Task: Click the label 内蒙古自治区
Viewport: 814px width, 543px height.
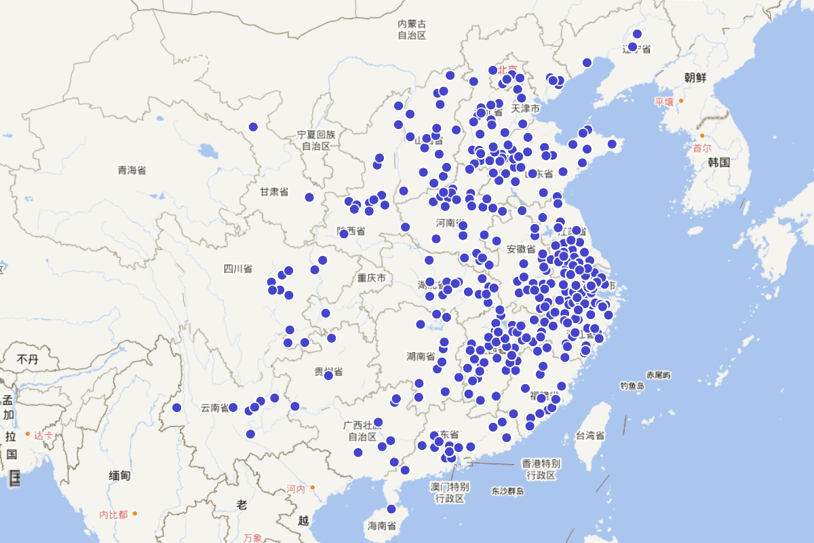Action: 412,29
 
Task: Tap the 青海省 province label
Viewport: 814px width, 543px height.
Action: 132,170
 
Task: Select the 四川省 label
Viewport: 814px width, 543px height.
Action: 237,269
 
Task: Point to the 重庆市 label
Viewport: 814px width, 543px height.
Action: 372,278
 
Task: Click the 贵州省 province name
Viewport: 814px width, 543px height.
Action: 328,371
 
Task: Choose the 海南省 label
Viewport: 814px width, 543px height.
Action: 382,525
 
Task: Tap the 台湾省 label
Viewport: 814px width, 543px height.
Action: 589,435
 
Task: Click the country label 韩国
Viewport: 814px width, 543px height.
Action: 718,162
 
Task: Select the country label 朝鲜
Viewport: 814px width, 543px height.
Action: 696,77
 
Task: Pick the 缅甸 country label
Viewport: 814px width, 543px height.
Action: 119,476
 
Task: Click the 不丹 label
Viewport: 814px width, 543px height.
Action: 28,359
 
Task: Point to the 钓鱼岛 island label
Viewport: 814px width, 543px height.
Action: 632,386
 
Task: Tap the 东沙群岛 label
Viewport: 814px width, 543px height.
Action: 508,491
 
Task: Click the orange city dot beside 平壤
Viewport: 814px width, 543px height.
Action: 681,101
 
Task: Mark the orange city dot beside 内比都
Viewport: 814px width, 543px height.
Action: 134,513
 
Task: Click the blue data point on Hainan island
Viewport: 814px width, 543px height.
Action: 391,509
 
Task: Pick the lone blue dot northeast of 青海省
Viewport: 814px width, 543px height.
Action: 253,127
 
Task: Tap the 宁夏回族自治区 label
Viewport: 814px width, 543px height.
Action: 316,141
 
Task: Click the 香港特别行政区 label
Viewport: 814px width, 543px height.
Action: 541,469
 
